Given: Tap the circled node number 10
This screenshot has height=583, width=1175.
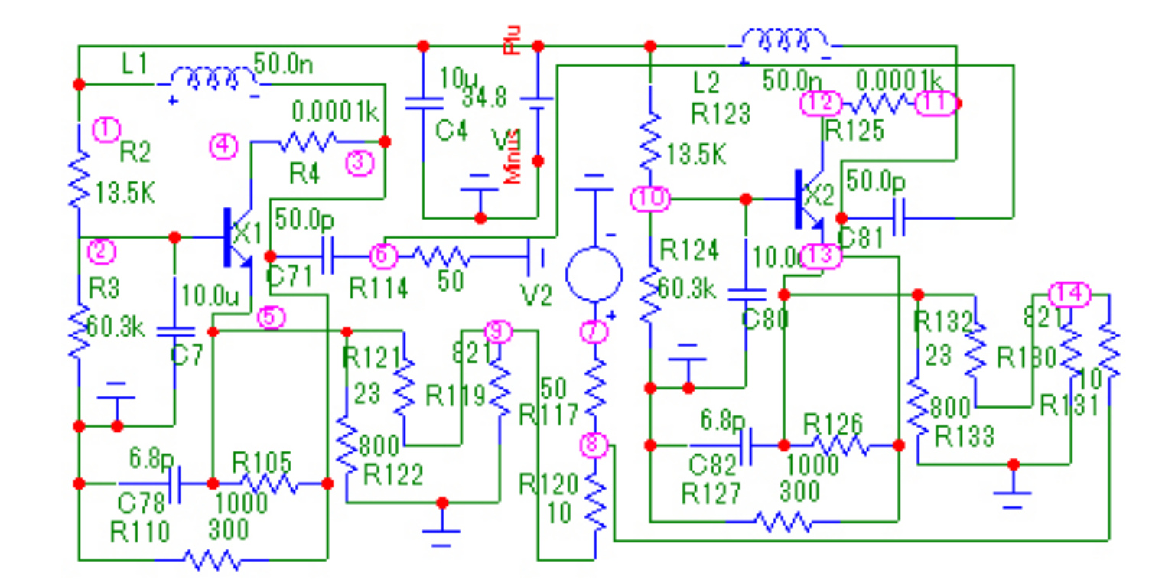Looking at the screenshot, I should pos(650,200).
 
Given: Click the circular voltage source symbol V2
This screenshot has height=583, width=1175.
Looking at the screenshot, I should pos(593,274).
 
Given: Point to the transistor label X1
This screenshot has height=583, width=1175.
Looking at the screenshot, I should pos(247,232).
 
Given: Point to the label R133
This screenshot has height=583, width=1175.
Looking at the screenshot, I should pos(965,437).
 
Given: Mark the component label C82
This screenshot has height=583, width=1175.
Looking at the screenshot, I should pos(713,464).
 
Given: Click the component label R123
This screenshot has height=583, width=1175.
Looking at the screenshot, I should pos(721,115).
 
